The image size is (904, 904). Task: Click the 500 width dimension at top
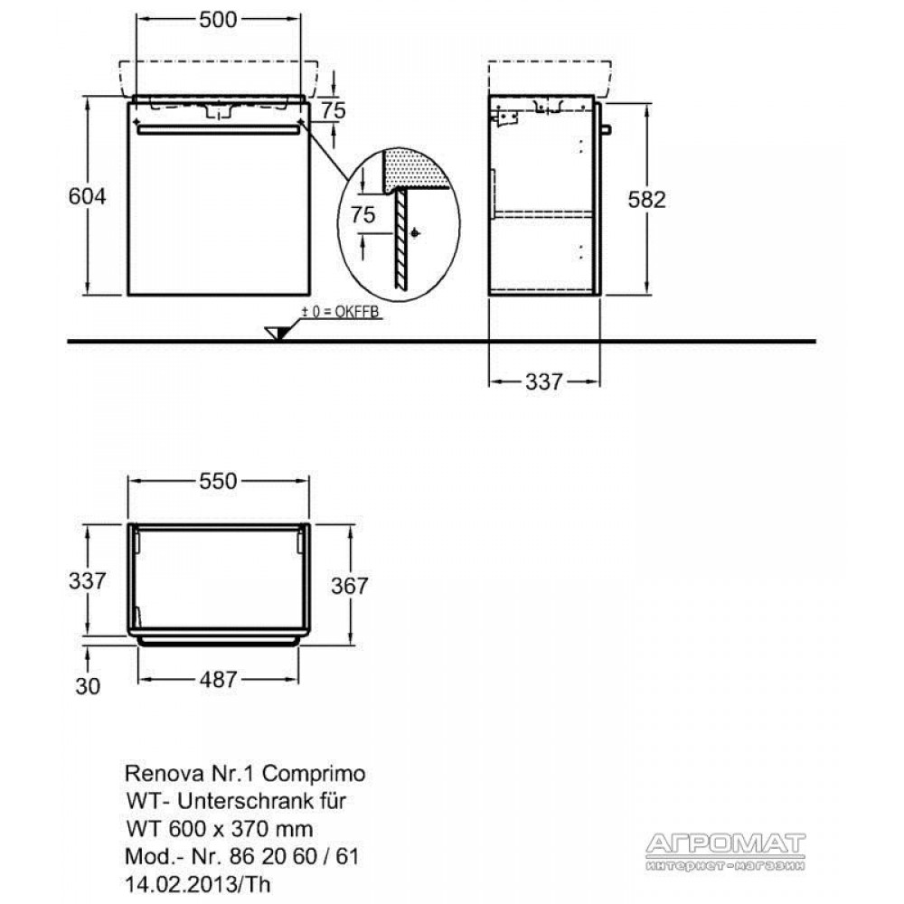(x=218, y=20)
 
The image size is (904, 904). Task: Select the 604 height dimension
(x=87, y=196)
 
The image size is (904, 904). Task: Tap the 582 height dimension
(x=647, y=200)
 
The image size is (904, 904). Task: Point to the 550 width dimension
(x=218, y=482)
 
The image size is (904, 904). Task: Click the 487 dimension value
(x=219, y=680)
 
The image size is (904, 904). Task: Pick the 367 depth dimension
(x=349, y=587)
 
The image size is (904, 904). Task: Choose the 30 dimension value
(x=88, y=686)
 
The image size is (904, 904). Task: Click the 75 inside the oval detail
(x=363, y=215)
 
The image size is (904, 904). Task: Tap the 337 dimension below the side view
(x=543, y=381)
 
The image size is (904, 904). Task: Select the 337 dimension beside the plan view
(x=88, y=580)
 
